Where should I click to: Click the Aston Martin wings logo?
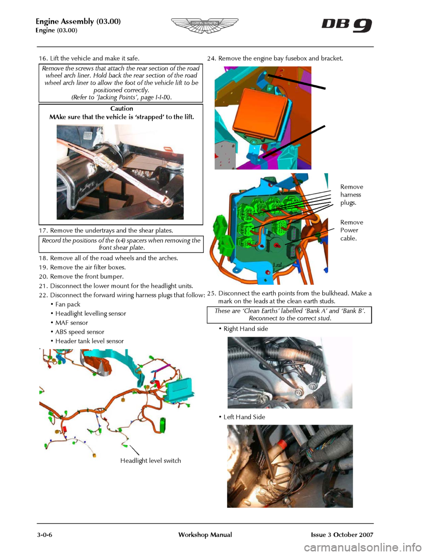(x=205, y=25)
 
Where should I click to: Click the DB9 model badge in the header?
(x=346, y=25)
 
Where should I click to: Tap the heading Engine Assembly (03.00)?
(x=78, y=21)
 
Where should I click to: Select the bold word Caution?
(x=122, y=108)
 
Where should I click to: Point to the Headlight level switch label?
(x=151, y=461)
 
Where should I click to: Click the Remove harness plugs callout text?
(x=352, y=195)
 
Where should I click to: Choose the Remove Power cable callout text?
(x=352, y=230)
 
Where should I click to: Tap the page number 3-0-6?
(x=45, y=534)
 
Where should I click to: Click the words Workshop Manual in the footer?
(x=205, y=534)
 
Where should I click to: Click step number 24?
(x=212, y=59)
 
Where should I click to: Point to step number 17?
(x=44, y=231)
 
